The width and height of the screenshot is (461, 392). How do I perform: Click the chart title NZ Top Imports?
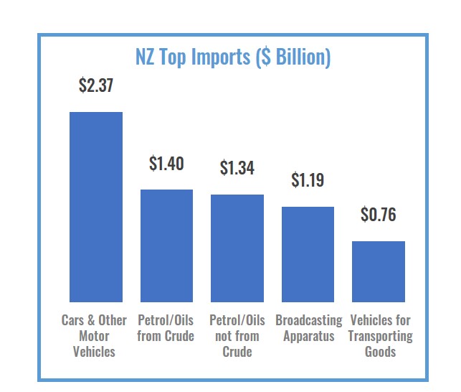[233, 57]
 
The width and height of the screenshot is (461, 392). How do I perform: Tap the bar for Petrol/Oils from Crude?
[166, 246]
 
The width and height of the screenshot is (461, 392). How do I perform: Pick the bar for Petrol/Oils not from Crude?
[237, 248]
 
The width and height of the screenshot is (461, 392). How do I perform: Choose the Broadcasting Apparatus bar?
[308, 254]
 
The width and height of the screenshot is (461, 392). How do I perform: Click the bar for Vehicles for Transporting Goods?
[378, 271]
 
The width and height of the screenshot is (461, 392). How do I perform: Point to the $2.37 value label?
[95, 86]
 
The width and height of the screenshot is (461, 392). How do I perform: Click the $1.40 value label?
[166, 164]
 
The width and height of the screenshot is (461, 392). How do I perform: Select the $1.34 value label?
[237, 169]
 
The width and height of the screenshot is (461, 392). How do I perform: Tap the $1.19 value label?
[308, 180]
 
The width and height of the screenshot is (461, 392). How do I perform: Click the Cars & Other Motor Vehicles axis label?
[94, 336]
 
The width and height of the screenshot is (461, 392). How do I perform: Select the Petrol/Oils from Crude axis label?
[166, 328]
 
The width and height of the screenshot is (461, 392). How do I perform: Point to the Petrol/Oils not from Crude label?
[237, 336]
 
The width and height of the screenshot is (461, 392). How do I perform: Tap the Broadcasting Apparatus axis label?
[308, 328]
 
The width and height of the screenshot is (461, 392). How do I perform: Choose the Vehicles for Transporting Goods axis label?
[380, 336]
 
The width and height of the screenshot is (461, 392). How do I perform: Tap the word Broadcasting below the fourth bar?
[308, 320]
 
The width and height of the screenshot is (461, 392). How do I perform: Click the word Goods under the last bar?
[380, 352]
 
